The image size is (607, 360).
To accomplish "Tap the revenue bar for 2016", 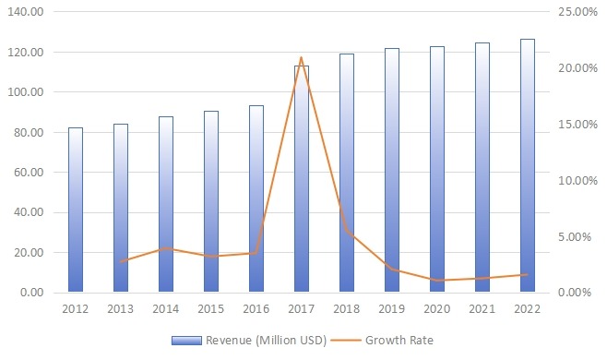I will click(x=256, y=199).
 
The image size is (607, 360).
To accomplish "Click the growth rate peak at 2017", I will click(x=302, y=57).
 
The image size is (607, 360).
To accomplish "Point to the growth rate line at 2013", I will click(x=121, y=261).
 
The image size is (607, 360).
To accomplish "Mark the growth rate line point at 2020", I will click(x=437, y=280).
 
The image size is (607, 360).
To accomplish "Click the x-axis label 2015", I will click(x=211, y=309).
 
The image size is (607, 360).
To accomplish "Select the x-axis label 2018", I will click(x=347, y=309).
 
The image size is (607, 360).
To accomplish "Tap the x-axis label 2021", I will click(x=482, y=309).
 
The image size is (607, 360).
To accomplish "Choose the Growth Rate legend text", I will click(x=399, y=340).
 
